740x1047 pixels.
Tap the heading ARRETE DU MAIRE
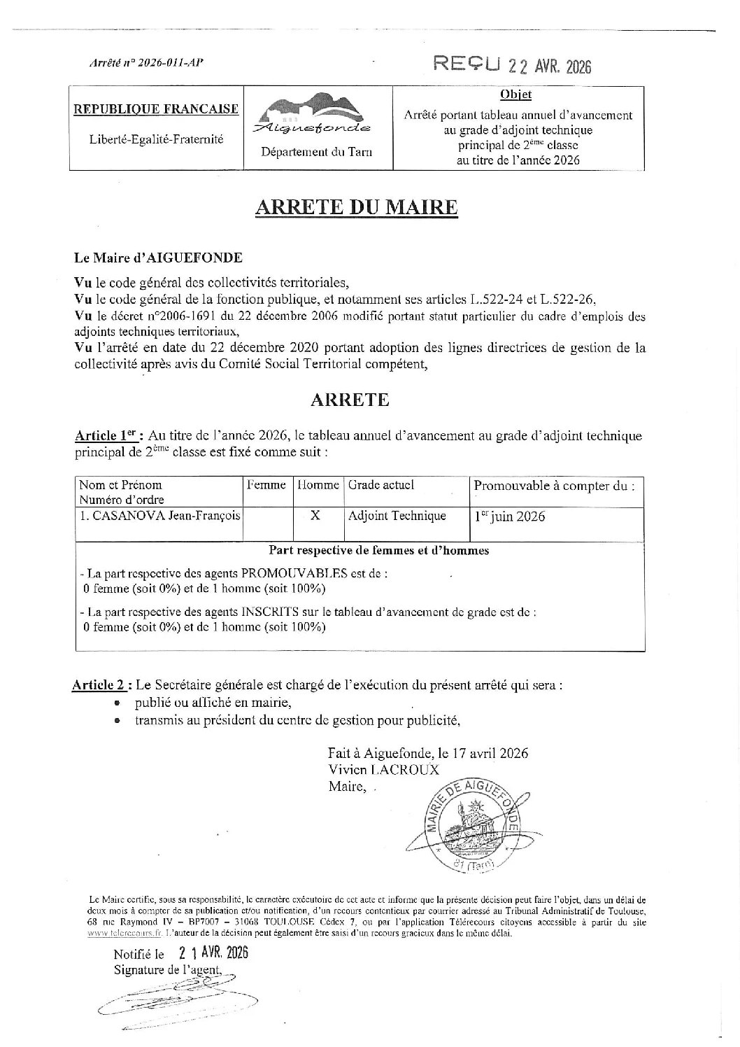[x=357, y=207]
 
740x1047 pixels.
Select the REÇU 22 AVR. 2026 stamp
[x=512, y=65]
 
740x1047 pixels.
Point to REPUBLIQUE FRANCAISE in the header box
[x=156, y=109]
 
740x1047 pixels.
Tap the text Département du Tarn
[x=317, y=152]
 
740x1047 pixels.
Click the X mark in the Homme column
[x=315, y=516]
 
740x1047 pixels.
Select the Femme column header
[x=266, y=484]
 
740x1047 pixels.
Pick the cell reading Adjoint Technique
[x=397, y=516]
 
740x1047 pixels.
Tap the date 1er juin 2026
[x=509, y=517]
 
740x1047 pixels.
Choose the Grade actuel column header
[x=381, y=484]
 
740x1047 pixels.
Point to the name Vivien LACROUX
[x=383, y=769]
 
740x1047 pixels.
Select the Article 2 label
[x=102, y=685]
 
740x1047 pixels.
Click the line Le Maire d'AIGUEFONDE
[x=159, y=258]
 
